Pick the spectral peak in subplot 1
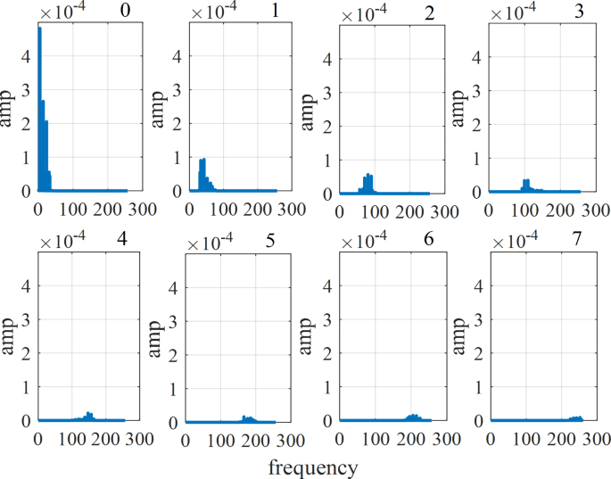(x=202, y=161)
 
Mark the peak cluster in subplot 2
(x=367, y=176)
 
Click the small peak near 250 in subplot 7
(x=577, y=417)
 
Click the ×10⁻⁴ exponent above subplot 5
(x=210, y=242)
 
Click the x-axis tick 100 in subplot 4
(x=74, y=439)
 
